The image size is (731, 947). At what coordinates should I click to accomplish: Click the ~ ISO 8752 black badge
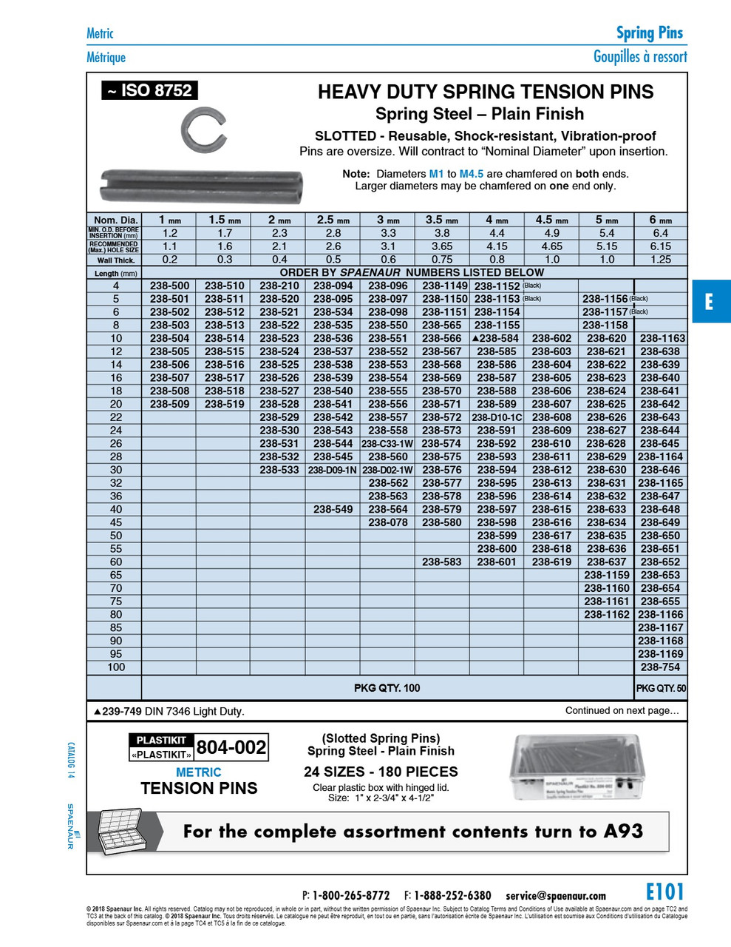coord(150,90)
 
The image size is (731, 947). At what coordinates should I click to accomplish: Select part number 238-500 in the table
coord(169,286)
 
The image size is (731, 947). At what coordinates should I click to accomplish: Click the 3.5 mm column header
coord(442,220)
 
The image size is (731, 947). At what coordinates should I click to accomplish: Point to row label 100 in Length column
coord(116,667)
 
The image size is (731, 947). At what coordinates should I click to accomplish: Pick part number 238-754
coord(660,667)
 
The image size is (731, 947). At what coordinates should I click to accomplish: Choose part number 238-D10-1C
coord(497,417)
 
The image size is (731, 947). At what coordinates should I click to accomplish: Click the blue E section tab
coord(710,301)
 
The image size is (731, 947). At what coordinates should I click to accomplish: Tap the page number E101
coord(664,892)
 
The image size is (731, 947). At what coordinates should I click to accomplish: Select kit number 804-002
coord(231,747)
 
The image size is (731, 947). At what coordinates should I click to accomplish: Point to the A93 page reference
coord(623,831)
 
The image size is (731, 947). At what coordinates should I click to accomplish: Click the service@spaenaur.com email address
coord(556,895)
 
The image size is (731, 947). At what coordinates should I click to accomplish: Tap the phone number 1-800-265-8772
coord(350,895)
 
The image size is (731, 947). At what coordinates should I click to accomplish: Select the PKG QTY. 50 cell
coord(660,688)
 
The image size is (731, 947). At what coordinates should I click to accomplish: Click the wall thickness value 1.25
coord(660,260)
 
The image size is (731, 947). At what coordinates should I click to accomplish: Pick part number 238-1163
coord(662,338)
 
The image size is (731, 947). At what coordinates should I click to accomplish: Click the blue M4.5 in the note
coord(471,174)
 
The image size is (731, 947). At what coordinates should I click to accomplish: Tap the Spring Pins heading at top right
coord(649,33)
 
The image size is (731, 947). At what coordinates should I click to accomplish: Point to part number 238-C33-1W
coord(387,444)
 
